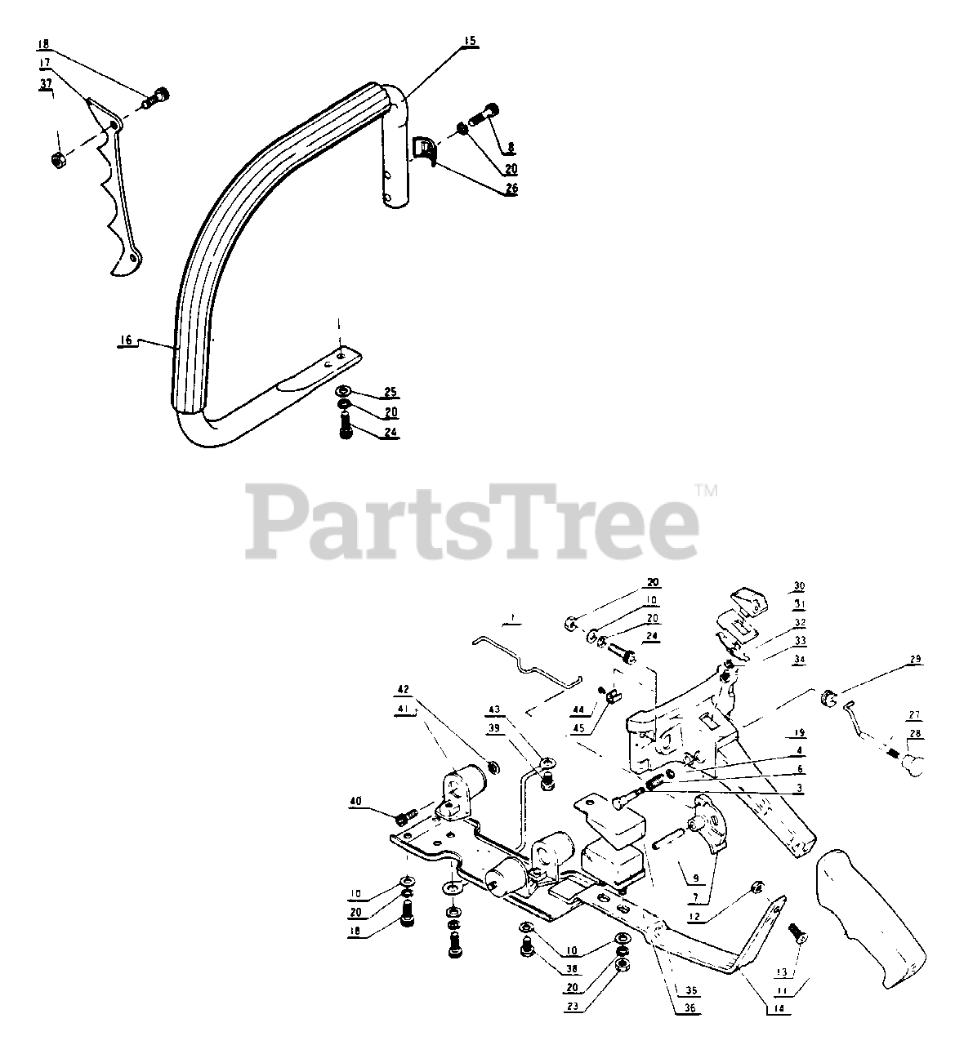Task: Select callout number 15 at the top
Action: pos(470,41)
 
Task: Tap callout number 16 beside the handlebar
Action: pos(127,342)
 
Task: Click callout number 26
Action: pos(511,188)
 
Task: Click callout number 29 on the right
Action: pos(914,659)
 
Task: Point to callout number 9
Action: pos(696,879)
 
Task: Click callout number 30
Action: pos(799,586)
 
